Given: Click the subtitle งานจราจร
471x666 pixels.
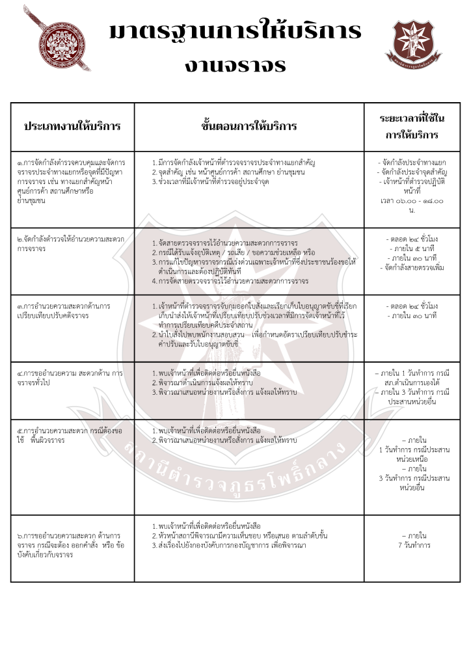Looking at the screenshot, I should tap(235, 64).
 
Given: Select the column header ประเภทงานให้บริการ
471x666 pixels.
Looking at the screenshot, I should tap(72, 126).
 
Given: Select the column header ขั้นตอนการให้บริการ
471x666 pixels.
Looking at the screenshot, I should tap(249, 126).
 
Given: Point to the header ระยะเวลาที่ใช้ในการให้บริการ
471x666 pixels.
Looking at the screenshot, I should tap(412, 126).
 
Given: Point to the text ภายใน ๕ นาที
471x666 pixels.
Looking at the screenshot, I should tap(412, 249).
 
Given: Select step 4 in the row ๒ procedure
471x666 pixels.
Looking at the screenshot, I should tap(228, 281).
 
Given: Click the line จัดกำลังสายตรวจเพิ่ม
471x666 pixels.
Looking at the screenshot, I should tap(412, 267).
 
